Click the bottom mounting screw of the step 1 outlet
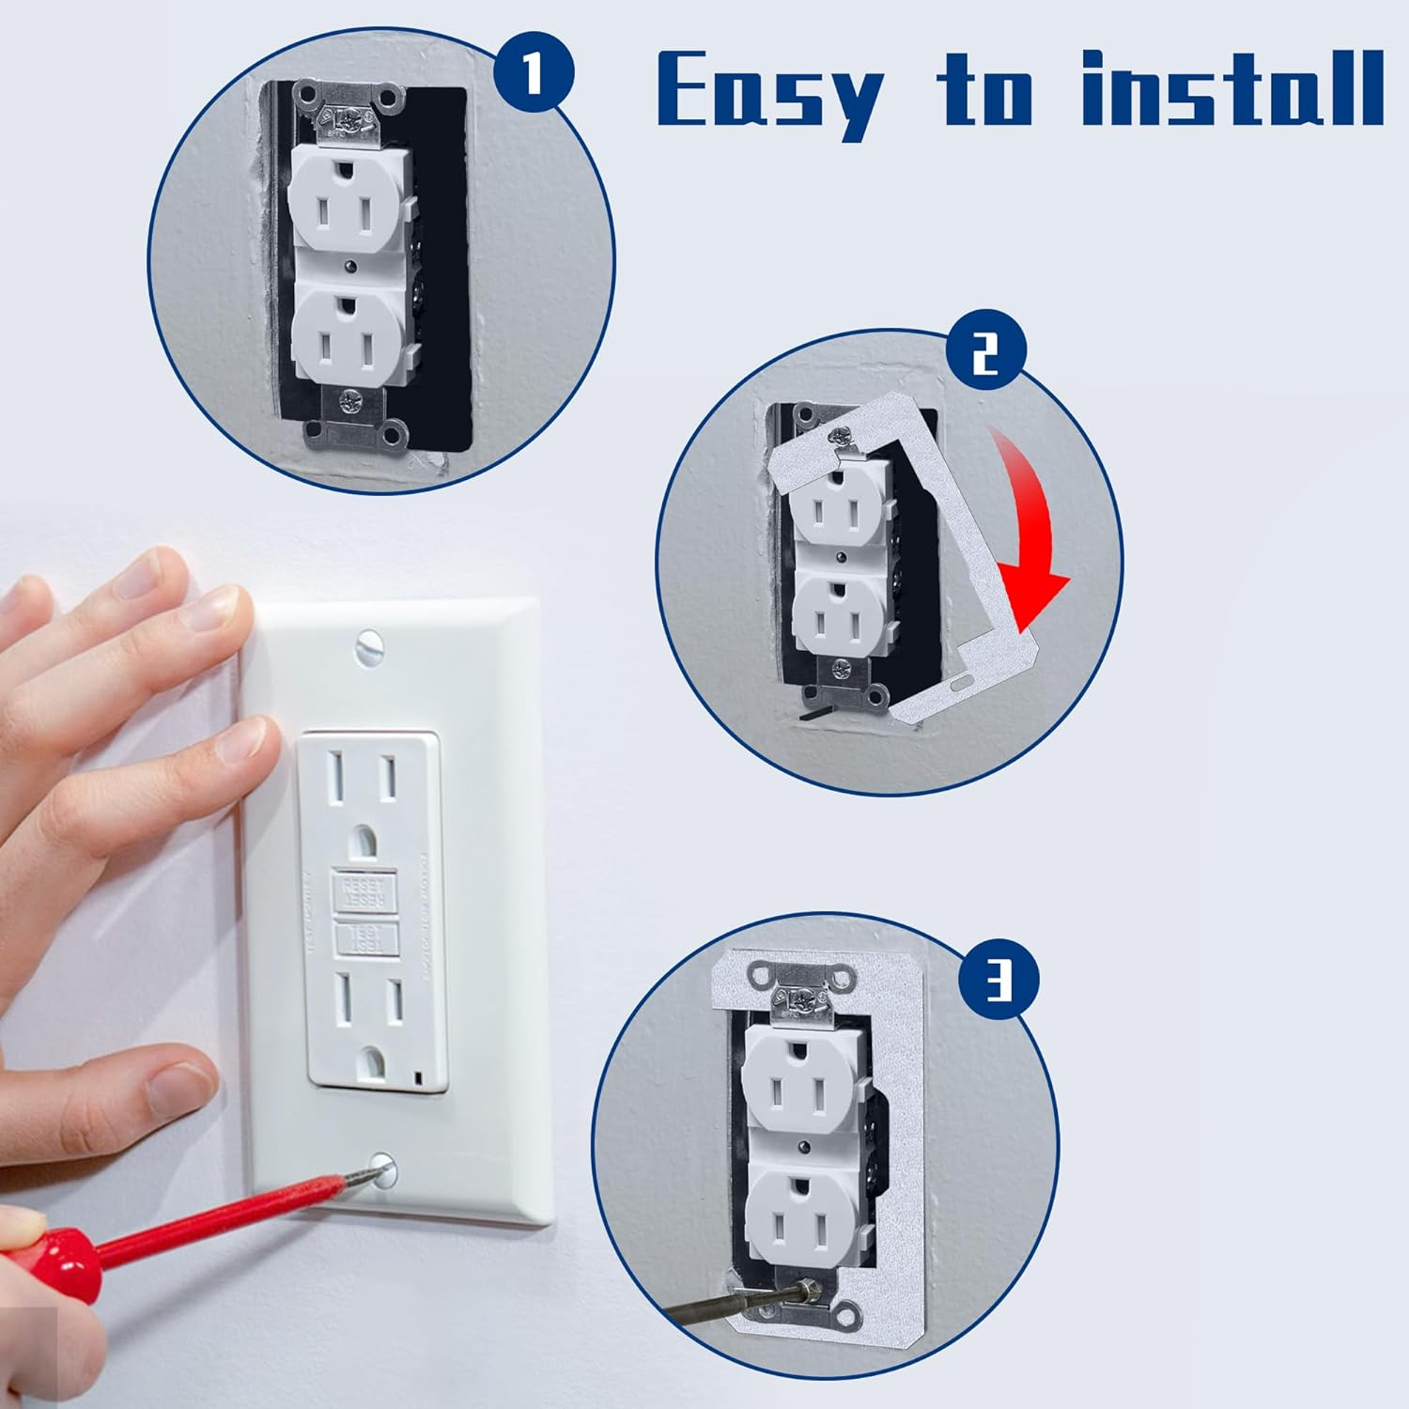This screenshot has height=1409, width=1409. (349, 403)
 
